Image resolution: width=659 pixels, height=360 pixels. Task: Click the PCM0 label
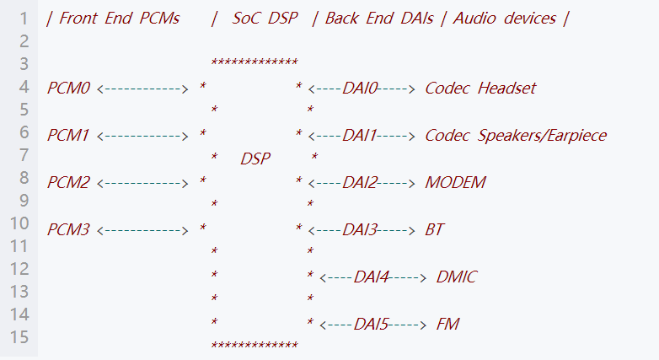coord(68,88)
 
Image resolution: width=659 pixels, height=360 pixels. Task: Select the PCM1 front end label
coord(68,135)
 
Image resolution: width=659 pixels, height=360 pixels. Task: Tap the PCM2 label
coord(68,182)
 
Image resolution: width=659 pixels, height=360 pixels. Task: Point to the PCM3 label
coord(68,229)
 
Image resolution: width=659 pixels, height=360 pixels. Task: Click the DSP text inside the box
coord(255,159)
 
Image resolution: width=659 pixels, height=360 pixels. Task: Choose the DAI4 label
coord(372,277)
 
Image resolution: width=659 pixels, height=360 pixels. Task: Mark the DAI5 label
coord(372,324)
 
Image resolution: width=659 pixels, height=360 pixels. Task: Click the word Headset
coord(507,88)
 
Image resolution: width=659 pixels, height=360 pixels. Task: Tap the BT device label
coord(435,229)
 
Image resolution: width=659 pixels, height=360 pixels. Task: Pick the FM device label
coord(447,324)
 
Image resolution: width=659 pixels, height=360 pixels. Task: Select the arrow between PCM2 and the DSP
coord(142,182)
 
